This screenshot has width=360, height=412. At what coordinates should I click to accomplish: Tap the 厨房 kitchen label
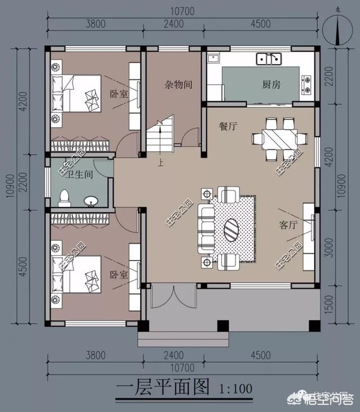pos(271,85)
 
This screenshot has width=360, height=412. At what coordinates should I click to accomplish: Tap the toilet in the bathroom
pos(64,198)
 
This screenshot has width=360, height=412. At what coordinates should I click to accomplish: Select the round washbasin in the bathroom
pos(90,200)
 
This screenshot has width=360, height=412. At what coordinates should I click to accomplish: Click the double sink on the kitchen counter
pos(269,58)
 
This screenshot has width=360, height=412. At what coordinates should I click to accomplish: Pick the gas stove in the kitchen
pos(307,84)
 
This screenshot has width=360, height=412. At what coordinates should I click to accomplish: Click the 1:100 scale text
pos(233,388)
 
